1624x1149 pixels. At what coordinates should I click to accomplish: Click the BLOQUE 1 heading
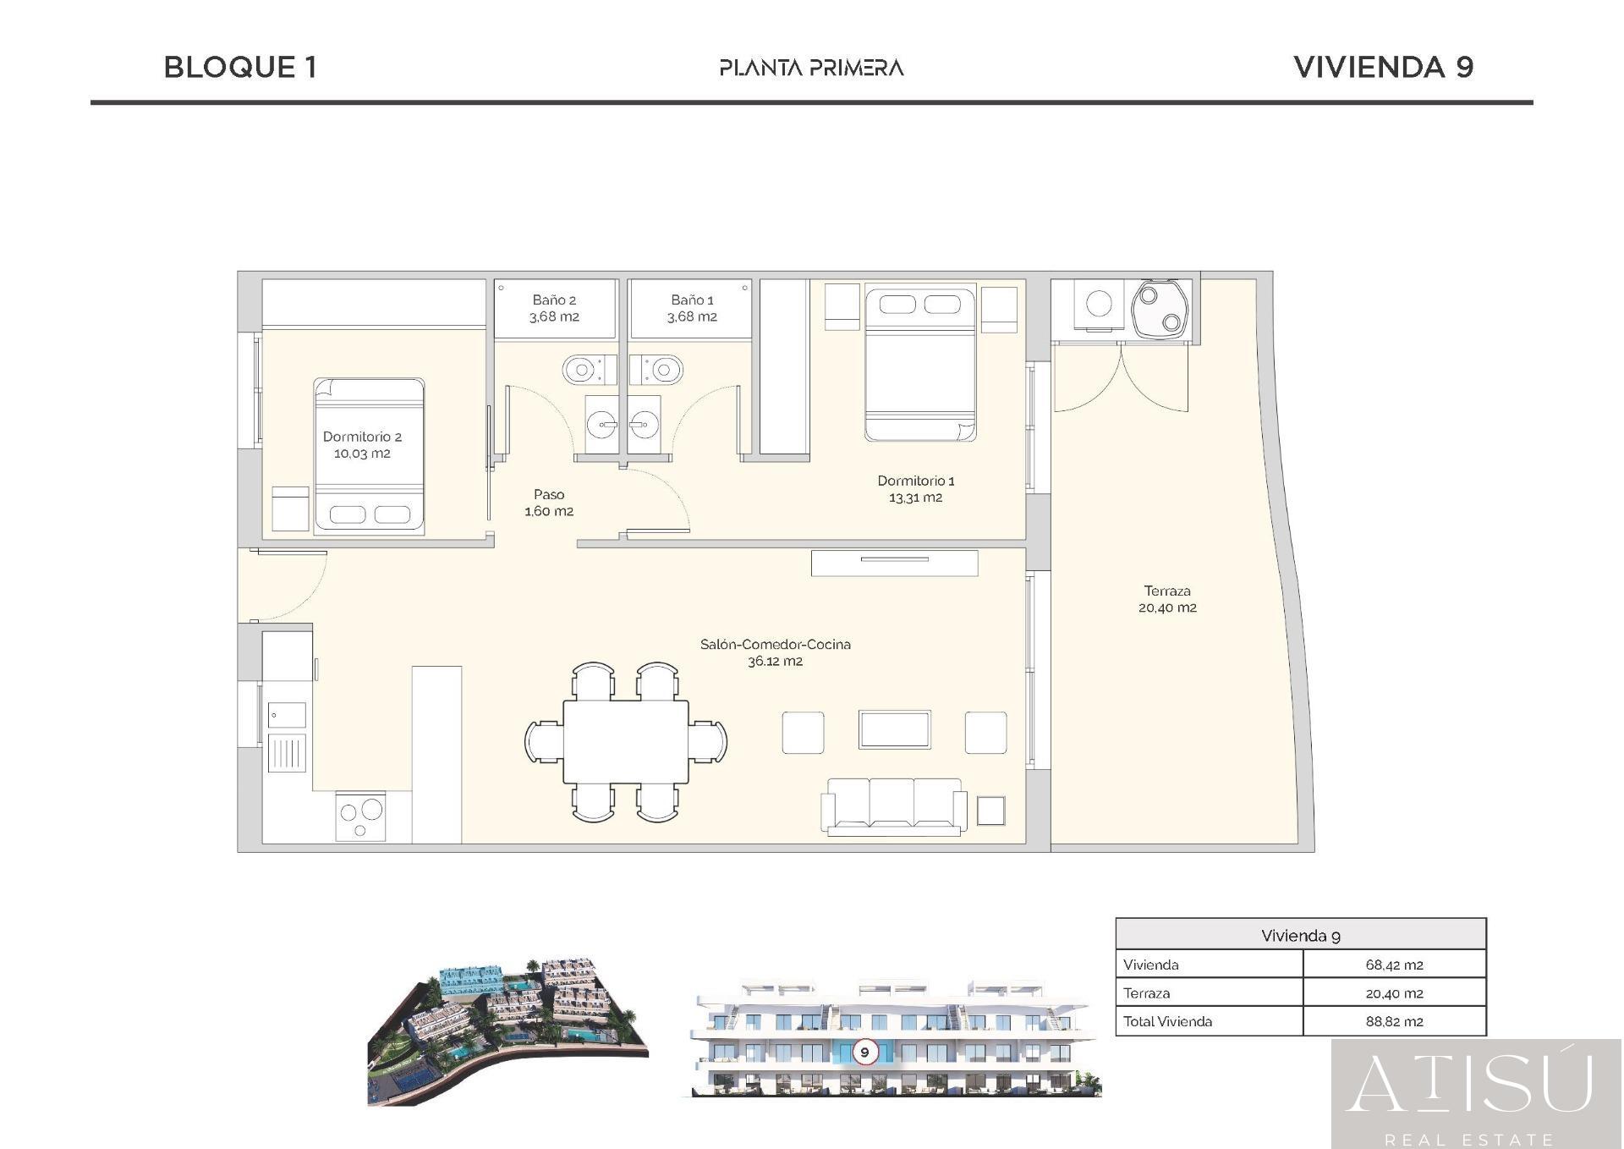tap(240, 68)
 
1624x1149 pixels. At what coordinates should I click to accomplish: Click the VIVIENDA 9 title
tap(1383, 68)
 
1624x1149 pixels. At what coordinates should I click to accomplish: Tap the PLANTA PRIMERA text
tap(811, 68)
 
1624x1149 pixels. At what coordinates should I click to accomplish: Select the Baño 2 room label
tap(554, 308)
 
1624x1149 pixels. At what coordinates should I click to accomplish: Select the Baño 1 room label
tap(692, 308)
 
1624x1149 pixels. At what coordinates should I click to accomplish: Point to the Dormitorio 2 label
tap(362, 445)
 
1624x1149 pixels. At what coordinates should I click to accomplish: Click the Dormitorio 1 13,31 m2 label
tap(915, 489)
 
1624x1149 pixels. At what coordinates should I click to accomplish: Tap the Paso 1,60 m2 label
tap(549, 503)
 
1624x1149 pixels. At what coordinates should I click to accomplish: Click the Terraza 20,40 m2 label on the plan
tap(1167, 599)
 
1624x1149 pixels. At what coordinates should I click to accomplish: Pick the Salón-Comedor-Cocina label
tap(775, 652)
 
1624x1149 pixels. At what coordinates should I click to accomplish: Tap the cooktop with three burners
tap(360, 816)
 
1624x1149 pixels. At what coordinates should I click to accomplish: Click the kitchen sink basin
tap(287, 715)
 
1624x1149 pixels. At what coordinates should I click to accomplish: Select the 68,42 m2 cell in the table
tap(1393, 965)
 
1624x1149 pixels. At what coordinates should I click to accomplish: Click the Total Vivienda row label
tap(1167, 1021)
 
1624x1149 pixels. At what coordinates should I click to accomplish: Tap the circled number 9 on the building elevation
tap(864, 1053)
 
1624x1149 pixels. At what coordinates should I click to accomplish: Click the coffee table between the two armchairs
tap(894, 729)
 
